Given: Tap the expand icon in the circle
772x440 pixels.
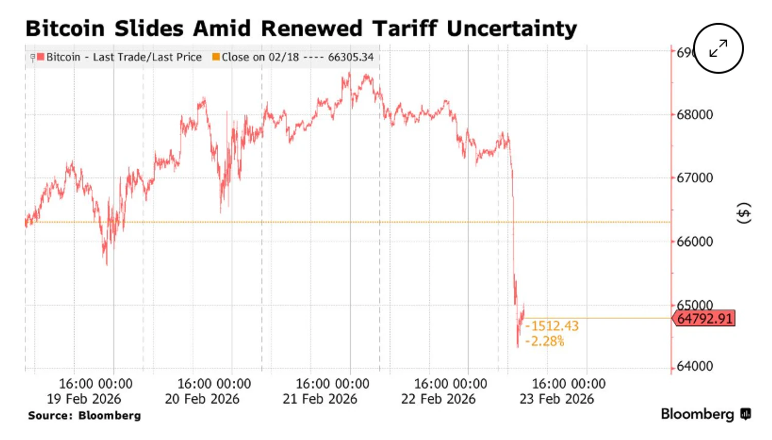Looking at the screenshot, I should [718, 48].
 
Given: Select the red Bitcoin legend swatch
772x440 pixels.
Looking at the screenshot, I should [41, 57].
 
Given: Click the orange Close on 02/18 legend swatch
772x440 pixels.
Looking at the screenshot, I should [216, 57].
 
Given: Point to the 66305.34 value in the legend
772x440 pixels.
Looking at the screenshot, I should [350, 57].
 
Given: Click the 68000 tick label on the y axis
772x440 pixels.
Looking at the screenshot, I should [694, 114].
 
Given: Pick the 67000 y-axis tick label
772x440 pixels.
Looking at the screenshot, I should [694, 178].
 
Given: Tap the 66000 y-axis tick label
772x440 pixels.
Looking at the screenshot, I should [694, 241].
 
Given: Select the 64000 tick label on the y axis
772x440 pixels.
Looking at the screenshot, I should [694, 366].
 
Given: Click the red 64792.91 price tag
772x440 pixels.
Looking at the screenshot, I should [704, 319].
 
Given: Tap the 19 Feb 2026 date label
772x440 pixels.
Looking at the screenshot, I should [84, 399].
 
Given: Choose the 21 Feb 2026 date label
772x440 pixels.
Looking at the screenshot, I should [320, 399].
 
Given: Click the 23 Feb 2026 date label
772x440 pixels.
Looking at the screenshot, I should [556, 399].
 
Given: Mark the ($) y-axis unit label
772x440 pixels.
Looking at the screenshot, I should [744, 213].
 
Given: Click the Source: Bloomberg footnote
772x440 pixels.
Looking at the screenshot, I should [84, 415].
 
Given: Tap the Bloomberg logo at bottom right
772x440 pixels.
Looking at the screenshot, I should [706, 414].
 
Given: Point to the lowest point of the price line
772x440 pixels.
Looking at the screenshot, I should [518, 347].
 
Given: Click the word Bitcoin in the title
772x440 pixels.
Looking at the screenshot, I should [65, 28].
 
